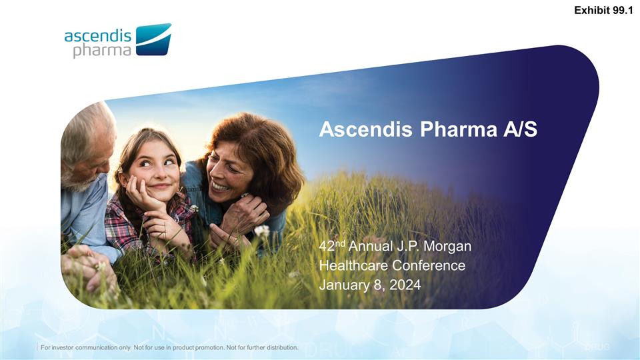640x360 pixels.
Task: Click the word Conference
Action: click(x=431, y=265)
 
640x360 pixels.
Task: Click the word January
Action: click(x=343, y=285)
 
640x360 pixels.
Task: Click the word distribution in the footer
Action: click(x=278, y=348)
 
